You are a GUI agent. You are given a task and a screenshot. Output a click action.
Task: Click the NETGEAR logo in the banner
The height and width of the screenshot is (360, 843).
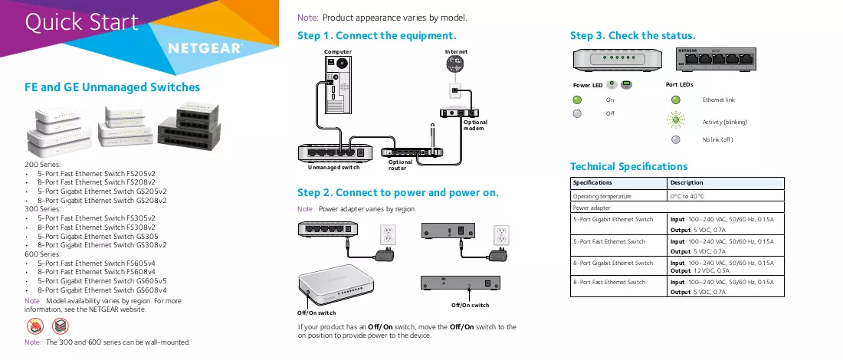pos(205,48)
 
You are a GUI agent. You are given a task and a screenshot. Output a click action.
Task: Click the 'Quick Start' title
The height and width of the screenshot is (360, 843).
pos(82,22)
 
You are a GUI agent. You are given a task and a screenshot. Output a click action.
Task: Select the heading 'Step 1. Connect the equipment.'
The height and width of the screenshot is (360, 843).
pos(377,36)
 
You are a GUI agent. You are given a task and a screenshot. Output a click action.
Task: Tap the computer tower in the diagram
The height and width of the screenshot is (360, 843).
pos(338,85)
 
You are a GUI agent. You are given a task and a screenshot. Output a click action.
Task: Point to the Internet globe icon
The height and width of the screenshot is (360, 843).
pos(456,65)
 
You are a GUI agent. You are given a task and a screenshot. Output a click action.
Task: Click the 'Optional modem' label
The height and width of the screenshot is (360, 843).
pos(475,125)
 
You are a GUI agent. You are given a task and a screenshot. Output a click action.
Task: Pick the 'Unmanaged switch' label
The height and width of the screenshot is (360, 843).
pos(334,168)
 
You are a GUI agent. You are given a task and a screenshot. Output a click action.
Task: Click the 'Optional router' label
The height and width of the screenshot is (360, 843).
pos(400,165)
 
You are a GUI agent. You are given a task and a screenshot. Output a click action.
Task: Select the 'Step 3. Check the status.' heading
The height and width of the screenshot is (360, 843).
pos(633,36)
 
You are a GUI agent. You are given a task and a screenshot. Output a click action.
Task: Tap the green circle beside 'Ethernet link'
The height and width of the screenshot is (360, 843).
pos(676,100)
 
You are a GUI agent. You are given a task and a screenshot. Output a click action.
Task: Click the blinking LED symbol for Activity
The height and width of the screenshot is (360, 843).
pos(676,119)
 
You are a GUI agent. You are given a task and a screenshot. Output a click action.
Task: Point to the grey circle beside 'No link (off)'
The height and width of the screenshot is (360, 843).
pos(676,139)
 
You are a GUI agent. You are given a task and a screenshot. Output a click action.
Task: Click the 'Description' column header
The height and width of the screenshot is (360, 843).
pos(687,183)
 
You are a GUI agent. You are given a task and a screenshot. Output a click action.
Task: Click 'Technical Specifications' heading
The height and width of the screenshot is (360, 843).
pos(628,166)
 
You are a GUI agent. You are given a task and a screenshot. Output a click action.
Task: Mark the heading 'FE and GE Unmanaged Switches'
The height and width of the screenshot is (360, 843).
pos(113,87)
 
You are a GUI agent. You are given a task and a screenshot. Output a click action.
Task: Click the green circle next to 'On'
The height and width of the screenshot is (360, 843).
pos(577,100)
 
